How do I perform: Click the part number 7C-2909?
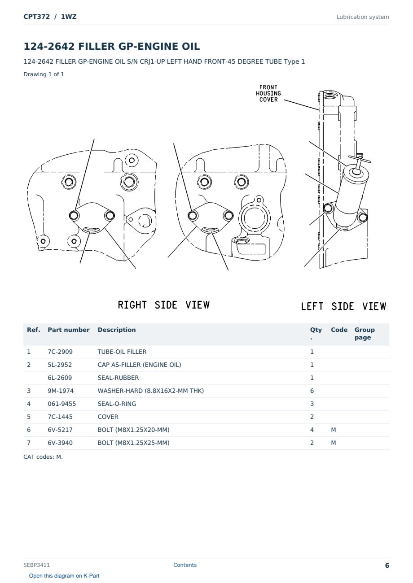point(60,352)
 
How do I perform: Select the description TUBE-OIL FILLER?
point(122,352)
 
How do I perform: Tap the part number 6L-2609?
point(60,378)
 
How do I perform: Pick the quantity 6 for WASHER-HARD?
point(312,391)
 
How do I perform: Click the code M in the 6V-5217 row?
point(333,430)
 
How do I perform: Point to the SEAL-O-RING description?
point(117,404)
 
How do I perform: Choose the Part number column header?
point(69,330)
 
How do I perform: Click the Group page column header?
point(365,334)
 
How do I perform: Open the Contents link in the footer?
point(185,565)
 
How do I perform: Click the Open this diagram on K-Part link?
point(64,576)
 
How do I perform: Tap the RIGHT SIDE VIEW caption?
point(164,305)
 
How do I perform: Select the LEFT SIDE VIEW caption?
point(343,306)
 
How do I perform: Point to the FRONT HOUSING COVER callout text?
point(268,93)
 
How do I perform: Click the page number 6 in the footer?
point(387,566)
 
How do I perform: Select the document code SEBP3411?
point(36,565)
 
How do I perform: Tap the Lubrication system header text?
point(363,17)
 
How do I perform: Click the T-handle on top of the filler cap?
point(360,160)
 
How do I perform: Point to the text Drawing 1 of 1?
point(44,74)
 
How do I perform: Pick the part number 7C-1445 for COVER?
point(60,417)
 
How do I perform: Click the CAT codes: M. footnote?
point(43,457)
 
